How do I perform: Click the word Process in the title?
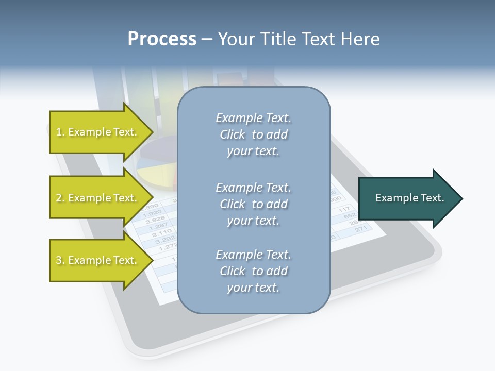tap(162, 39)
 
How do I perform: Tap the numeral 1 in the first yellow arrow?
tap(59, 132)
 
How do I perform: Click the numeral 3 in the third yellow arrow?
tap(59, 261)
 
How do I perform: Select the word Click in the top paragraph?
tap(233, 135)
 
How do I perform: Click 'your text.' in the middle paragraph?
tap(253, 221)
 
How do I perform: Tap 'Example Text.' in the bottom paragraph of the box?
tap(253, 255)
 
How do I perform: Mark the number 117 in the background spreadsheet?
tap(344, 210)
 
